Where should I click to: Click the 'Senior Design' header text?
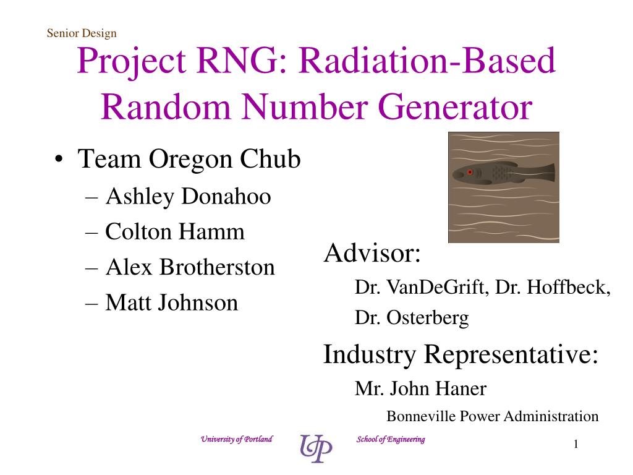(x=81, y=33)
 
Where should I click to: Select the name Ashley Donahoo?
(x=188, y=197)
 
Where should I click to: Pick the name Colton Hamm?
(x=175, y=232)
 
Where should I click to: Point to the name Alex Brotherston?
(x=190, y=267)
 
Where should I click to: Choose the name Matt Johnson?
(x=171, y=302)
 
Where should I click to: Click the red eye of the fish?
(x=470, y=172)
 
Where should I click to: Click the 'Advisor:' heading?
(x=372, y=254)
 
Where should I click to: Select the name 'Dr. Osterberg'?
(x=412, y=318)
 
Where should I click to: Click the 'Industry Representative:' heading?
(x=461, y=354)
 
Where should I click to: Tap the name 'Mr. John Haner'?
(x=420, y=388)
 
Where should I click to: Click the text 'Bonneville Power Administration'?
(x=492, y=416)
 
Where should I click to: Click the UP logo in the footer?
(x=316, y=448)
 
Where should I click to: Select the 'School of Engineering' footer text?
(x=391, y=439)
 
